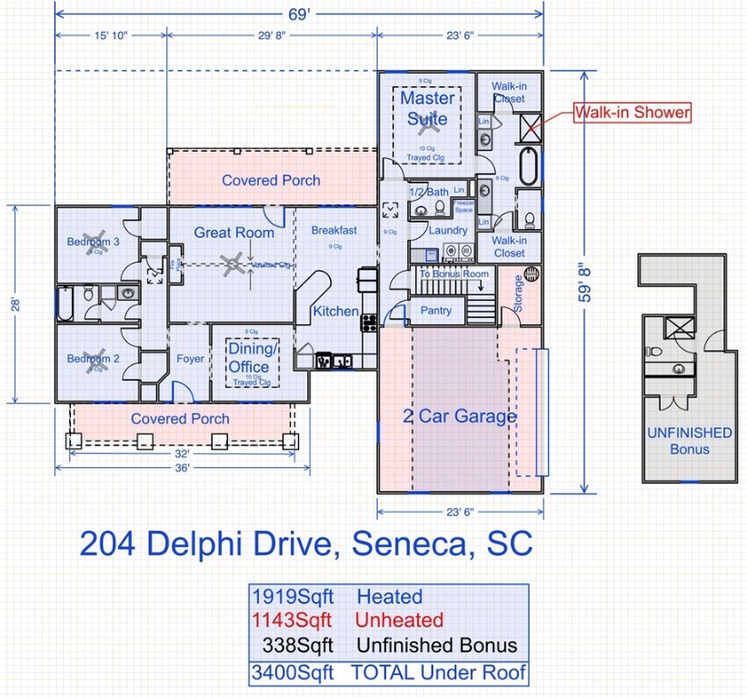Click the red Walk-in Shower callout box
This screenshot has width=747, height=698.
[x=632, y=113]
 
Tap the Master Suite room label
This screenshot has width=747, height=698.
[x=427, y=108]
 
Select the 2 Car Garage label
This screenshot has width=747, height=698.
[x=460, y=416]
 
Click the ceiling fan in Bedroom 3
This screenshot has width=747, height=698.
[x=97, y=247]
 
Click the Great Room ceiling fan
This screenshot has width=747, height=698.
[x=234, y=264]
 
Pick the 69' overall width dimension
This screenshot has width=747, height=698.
[x=299, y=12]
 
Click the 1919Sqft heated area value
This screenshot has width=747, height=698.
[x=293, y=597]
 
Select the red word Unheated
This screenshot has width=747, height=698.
[x=400, y=621]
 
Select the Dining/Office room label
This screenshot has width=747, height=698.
[x=249, y=358]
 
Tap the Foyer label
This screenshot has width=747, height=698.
[x=190, y=359]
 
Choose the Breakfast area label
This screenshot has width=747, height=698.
[x=334, y=231]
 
